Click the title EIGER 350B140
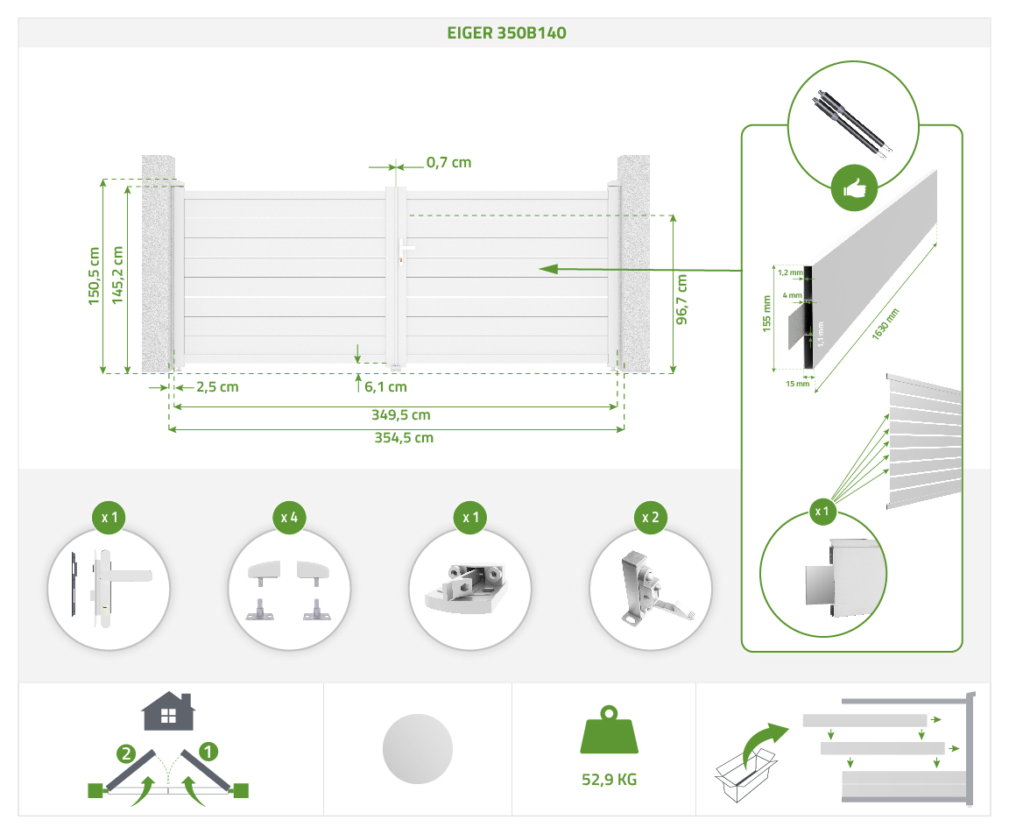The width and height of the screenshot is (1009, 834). click(504, 33)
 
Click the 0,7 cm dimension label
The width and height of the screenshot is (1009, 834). click(448, 162)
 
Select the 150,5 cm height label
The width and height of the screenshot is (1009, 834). click(95, 276)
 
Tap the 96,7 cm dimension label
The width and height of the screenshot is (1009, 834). click(681, 299)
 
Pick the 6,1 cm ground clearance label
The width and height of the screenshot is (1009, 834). click(385, 386)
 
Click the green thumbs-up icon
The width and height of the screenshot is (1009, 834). click(853, 188)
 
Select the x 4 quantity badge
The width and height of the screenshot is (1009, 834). click(289, 518)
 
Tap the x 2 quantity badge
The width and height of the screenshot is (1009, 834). click(650, 518)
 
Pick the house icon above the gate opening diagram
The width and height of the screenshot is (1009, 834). click(168, 711)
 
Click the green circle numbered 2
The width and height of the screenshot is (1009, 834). click(127, 752)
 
